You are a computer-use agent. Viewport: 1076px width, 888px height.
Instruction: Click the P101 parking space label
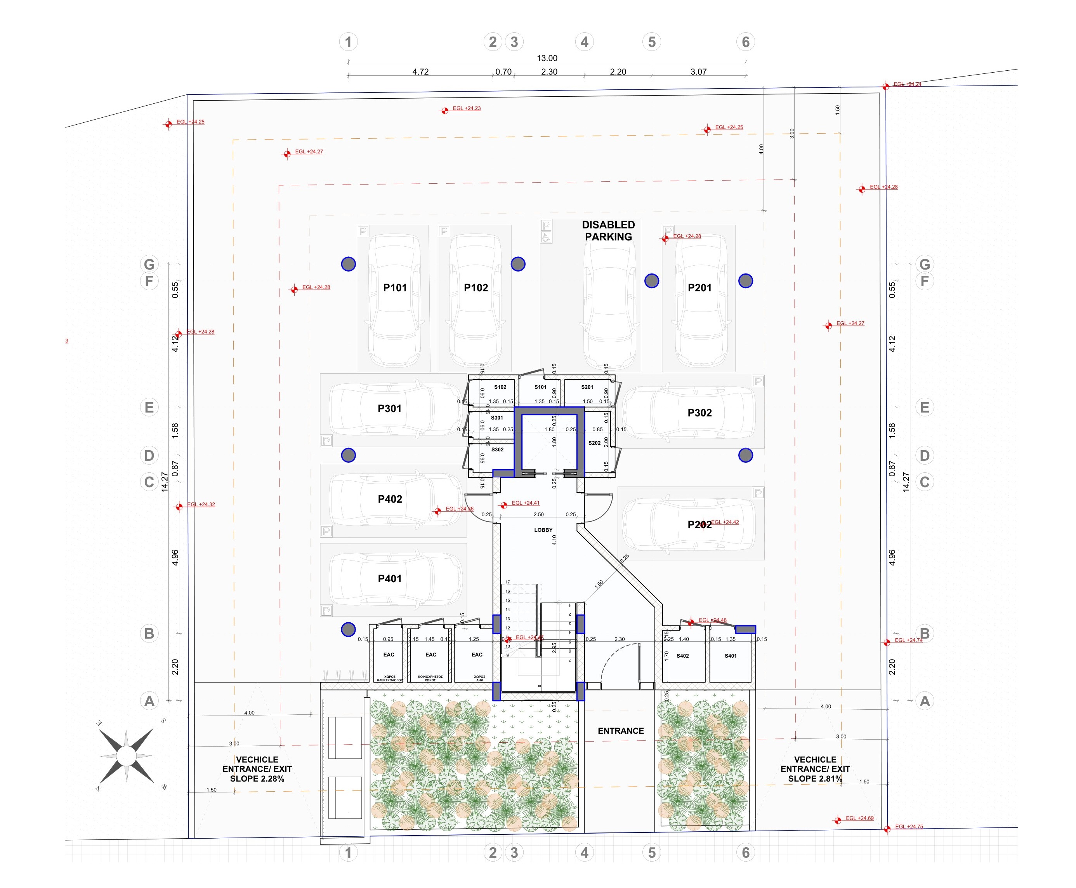coord(395,287)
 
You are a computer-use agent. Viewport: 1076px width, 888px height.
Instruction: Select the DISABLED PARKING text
coord(608,231)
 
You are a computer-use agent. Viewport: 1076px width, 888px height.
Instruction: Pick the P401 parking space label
coord(389,578)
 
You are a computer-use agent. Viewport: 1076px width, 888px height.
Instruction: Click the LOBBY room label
coord(543,530)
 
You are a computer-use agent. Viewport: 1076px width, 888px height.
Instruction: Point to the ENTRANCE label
coord(621,730)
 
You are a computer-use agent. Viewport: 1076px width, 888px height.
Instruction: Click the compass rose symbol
coord(126,755)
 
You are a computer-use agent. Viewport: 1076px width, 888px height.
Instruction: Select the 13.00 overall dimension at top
coord(547,58)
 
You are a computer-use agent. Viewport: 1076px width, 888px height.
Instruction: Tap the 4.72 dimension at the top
coord(420,71)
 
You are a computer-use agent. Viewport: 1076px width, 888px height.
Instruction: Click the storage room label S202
coord(594,443)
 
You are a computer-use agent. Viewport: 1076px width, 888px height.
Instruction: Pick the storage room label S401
coord(730,656)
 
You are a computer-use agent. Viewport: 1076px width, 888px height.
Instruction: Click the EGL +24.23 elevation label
coord(466,108)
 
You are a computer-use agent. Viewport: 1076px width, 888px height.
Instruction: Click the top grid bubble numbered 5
coord(651,42)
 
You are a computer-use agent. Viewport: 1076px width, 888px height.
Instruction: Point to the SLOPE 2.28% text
coord(257,778)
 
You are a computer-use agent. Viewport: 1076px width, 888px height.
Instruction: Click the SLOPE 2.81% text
coord(814,778)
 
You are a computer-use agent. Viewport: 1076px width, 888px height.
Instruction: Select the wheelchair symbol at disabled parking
coord(545,237)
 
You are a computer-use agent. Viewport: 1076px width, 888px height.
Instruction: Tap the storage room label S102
coord(500,387)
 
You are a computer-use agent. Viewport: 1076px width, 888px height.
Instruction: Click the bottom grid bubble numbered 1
coord(348,852)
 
